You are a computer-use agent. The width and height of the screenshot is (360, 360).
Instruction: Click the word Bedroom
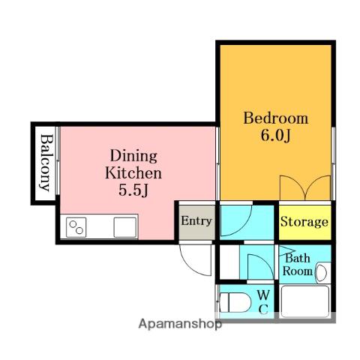click(275, 118)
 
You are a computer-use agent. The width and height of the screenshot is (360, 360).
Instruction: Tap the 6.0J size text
click(276, 136)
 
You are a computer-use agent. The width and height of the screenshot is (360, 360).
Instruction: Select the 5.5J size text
click(133, 190)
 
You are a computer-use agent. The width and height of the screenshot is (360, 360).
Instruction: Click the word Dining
click(133, 156)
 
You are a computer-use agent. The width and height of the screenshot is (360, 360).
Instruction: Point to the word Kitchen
click(133, 173)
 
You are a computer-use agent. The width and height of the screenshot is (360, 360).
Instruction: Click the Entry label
click(196, 221)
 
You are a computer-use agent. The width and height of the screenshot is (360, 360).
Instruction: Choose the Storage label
click(304, 222)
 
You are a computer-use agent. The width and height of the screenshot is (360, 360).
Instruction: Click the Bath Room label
click(298, 265)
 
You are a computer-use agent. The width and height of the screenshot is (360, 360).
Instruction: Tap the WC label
click(263, 302)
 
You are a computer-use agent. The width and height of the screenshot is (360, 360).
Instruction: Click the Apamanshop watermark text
click(180, 324)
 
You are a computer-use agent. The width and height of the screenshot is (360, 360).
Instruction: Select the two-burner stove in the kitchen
click(76, 227)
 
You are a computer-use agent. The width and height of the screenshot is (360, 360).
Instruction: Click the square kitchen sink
click(125, 227)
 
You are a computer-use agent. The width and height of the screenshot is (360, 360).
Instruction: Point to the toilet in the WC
click(235, 302)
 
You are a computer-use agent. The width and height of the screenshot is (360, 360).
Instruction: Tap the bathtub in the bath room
click(305, 301)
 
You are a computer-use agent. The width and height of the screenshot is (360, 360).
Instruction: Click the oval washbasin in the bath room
click(321, 272)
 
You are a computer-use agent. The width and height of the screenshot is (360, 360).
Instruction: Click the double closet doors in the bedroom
click(305, 188)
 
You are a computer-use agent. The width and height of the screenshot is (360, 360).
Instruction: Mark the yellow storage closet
click(304, 223)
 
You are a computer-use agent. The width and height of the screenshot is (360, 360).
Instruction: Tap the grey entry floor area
click(197, 223)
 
